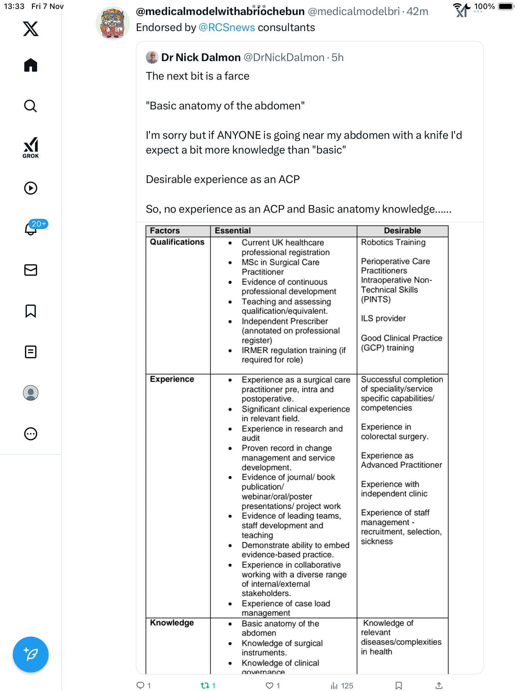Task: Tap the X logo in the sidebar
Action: click(31, 29)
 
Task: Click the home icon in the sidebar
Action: click(31, 65)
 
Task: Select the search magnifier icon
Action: click(31, 106)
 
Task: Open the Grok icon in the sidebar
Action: click(31, 147)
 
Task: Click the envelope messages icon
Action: click(31, 270)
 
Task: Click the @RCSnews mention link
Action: click(227, 28)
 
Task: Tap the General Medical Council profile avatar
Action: click(113, 23)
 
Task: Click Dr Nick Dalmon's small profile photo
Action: click(152, 57)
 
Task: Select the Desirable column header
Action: click(402, 231)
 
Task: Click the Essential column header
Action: click(233, 231)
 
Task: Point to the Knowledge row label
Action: click(172, 623)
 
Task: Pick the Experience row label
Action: click(172, 379)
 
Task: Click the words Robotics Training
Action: click(393, 242)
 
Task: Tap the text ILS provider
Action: click(383, 318)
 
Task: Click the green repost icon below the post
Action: click(205, 685)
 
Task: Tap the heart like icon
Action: click(270, 685)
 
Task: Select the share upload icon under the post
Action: click(439, 685)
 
